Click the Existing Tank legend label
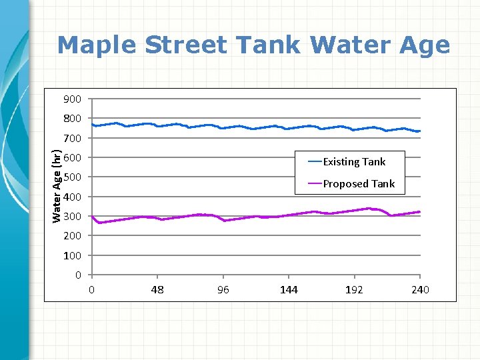click(354, 161)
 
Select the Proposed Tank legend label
click(359, 183)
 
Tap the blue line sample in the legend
click(315, 161)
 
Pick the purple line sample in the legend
click(315, 183)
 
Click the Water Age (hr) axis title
click(57, 186)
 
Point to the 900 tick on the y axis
click(73, 99)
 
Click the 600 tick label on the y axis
click(73, 158)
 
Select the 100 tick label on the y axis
click(73, 255)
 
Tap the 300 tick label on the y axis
click(73, 217)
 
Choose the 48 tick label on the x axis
click(157, 289)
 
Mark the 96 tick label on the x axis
click(223, 289)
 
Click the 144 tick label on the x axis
click(289, 289)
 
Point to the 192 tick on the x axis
click(354, 289)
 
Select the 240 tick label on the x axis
click(420, 289)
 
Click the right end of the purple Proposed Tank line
click(419, 211)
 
